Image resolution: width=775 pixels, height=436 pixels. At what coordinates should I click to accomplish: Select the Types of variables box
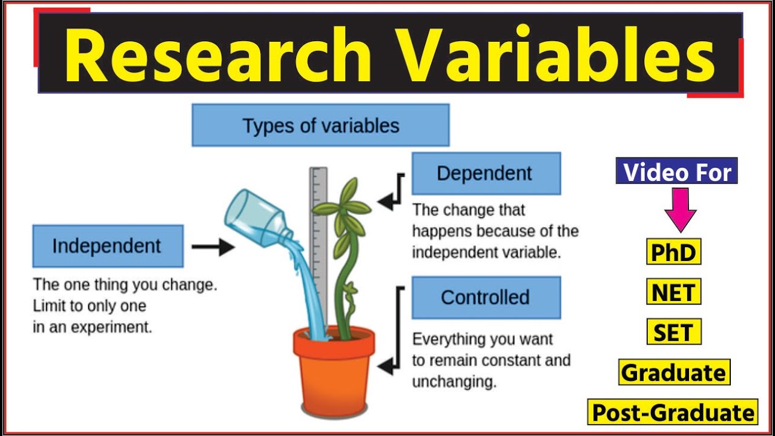[x=320, y=125]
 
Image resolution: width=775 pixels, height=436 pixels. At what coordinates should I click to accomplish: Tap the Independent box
[x=107, y=246]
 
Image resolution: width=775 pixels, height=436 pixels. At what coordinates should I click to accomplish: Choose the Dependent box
[x=486, y=173]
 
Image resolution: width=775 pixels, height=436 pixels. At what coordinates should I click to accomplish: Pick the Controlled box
[x=486, y=297]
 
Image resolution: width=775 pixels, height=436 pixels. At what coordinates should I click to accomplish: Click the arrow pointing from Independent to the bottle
[x=213, y=246]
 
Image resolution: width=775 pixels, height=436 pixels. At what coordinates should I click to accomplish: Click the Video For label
[x=676, y=172]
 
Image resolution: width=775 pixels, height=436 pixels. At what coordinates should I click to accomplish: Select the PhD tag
[x=673, y=252]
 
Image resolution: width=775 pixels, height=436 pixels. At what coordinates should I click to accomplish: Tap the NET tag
[x=673, y=292]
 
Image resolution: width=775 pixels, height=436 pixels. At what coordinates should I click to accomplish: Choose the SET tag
[x=673, y=332]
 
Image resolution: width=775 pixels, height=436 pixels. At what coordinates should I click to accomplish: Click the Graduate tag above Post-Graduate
[x=674, y=372]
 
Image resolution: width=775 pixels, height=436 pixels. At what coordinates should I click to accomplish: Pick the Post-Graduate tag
[x=673, y=412]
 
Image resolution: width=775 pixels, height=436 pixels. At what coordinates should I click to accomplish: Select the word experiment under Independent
[x=111, y=328]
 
